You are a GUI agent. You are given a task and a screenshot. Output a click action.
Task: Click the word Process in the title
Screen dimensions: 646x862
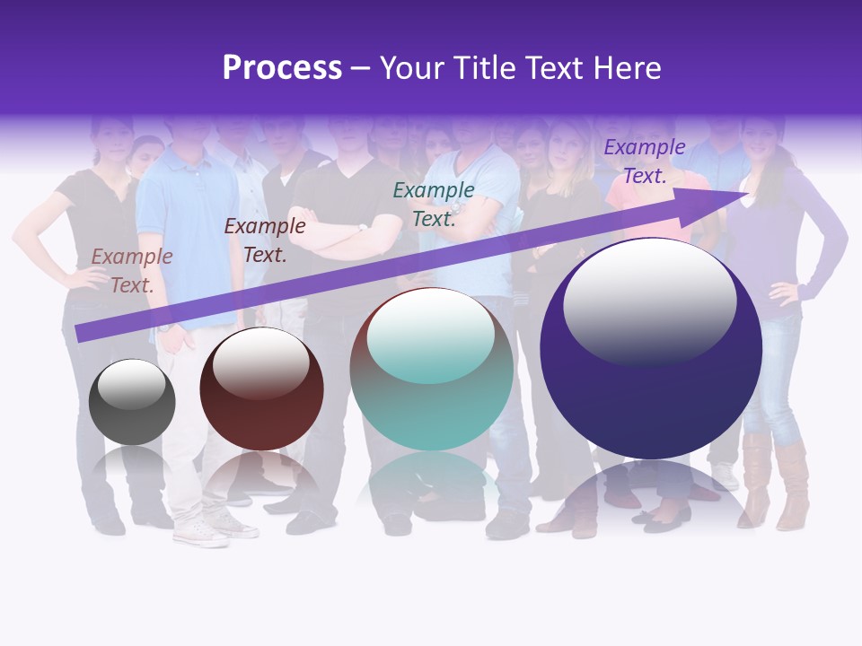tap(282, 68)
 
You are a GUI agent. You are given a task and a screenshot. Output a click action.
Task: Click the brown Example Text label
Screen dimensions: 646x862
tap(132, 271)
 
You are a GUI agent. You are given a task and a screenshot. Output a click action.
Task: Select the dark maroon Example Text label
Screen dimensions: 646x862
tap(265, 240)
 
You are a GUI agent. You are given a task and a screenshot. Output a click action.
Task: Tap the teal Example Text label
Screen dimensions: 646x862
tap(434, 204)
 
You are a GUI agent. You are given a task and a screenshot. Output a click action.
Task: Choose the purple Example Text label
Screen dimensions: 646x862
tap(644, 161)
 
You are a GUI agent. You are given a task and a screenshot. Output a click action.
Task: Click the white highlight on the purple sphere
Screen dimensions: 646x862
tap(649, 301)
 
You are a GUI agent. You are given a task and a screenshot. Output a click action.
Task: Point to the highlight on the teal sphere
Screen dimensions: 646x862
tap(431, 336)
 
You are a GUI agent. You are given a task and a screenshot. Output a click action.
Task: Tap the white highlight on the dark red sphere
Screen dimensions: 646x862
tap(260, 363)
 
